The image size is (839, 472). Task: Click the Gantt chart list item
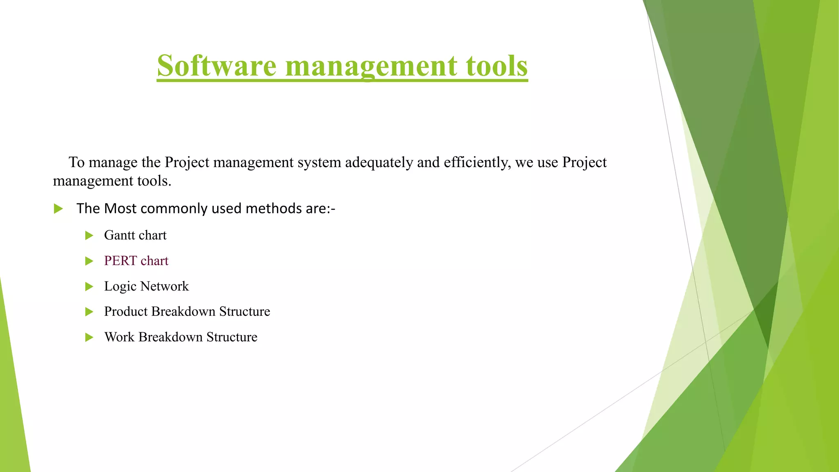coord(135,235)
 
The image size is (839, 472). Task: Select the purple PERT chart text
coord(136,261)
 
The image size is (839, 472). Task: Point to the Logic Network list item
coord(146,286)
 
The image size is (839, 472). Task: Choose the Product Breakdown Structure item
coord(187,311)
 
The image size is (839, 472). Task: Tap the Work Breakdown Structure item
coord(181,337)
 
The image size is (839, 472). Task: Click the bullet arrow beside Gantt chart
coord(89,236)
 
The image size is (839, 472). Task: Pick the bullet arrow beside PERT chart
coord(89,261)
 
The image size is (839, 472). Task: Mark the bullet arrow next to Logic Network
coord(89,286)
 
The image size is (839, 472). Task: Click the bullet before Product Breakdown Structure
coord(89,312)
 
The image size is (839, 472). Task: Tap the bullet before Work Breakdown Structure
coord(89,337)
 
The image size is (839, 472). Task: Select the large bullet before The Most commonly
coord(58,209)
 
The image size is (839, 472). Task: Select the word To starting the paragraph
coord(77,162)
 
